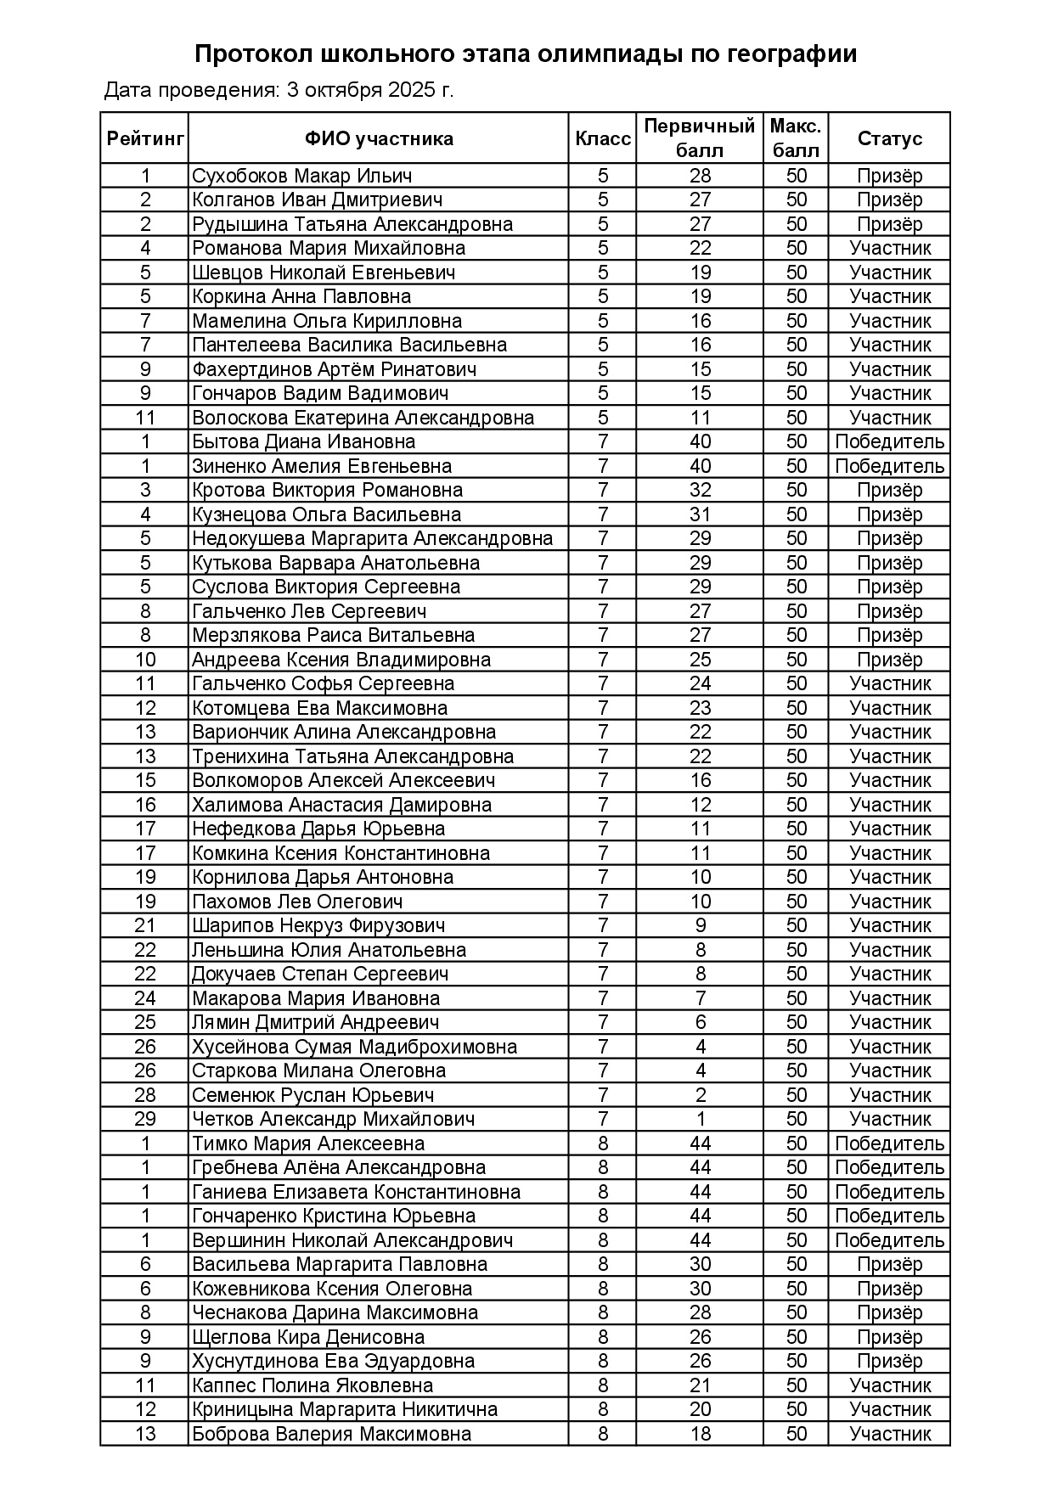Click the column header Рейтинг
pos(145,138)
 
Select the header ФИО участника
pos(379,138)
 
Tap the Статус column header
pos(889,138)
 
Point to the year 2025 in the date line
pos(412,90)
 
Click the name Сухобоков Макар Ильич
pos(302,176)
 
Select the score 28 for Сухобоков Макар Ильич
pos(700,176)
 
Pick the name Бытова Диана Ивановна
pos(303,441)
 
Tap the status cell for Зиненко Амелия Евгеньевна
pos(889,466)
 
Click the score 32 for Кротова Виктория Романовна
pos(700,490)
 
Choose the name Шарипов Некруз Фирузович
pos(318,925)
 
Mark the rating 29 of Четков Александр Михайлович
pos(145,1119)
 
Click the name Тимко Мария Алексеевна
pos(308,1143)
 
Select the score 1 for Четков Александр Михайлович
pos(700,1119)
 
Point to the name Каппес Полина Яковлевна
pos(313,1385)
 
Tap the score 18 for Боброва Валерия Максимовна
pos(700,1434)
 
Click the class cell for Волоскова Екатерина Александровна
pos(603,418)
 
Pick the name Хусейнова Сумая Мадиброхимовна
pos(354,1047)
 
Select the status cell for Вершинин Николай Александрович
pos(889,1240)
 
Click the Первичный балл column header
pos(700,138)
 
